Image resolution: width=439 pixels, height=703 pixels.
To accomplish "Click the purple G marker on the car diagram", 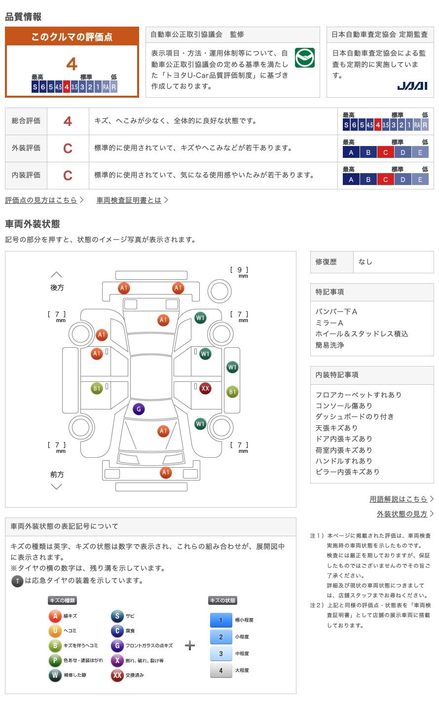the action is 139,409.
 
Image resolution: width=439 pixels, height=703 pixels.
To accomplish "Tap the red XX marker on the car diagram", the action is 205,388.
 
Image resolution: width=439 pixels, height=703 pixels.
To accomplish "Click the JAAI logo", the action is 412,86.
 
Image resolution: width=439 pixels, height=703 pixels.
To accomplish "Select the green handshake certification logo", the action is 304,58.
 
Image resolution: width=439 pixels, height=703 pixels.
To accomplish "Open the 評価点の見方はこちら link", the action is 41,200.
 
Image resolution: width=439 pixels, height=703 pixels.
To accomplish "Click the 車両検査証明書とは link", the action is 129,200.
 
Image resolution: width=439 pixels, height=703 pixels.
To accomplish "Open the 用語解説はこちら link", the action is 398,499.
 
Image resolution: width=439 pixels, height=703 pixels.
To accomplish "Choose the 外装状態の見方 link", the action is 402,514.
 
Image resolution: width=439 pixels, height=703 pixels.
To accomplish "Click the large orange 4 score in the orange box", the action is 72,64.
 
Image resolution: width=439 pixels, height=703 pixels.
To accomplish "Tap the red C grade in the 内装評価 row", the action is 68,176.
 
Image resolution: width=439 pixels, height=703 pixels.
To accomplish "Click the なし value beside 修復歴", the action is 366,262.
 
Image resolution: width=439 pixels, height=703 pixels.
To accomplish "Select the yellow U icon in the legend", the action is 55,630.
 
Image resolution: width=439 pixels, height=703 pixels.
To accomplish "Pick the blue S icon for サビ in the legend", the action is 117,616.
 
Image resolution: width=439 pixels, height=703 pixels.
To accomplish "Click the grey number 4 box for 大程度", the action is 221,670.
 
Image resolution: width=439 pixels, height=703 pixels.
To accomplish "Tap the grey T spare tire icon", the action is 17,581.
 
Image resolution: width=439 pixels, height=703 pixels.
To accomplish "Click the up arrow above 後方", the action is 57,275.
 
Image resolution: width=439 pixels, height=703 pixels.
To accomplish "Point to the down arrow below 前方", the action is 57,487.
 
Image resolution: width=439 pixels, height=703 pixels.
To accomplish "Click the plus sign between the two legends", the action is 190,645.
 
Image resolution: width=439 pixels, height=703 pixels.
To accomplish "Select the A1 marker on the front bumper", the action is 166,473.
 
